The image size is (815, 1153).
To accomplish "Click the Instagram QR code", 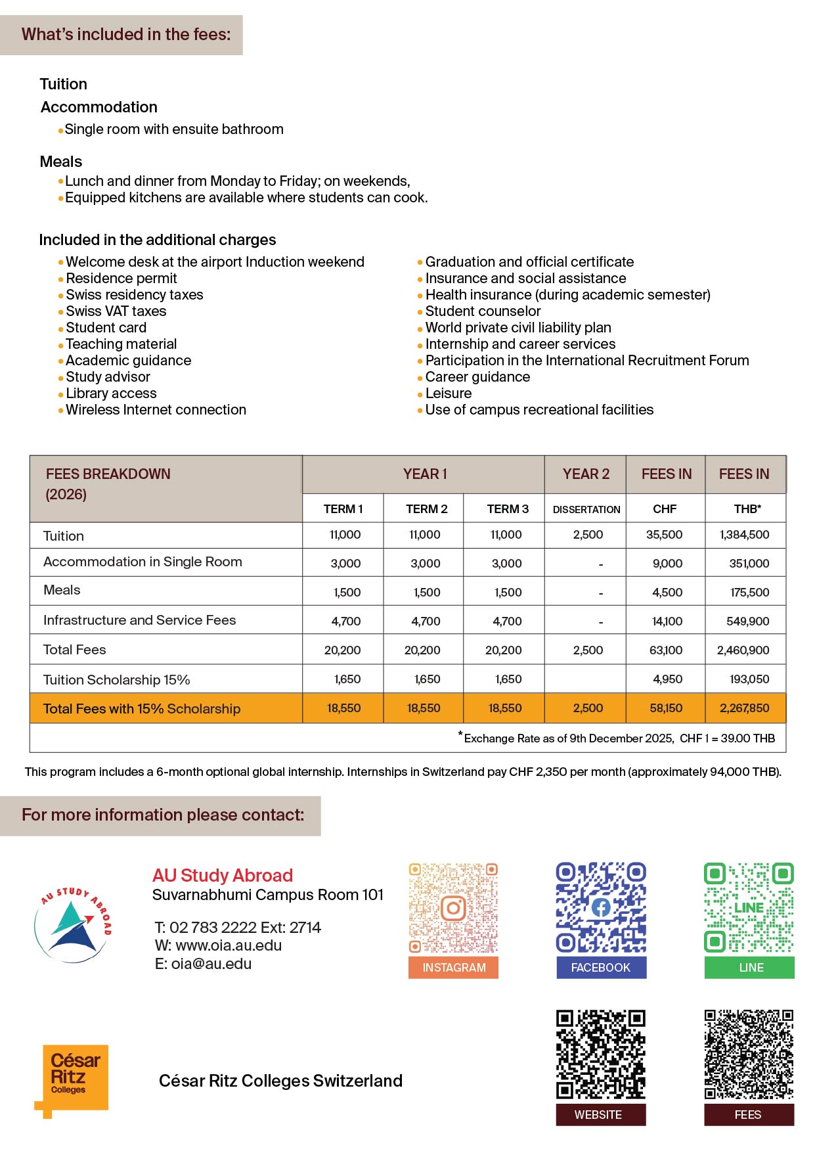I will coord(453,908).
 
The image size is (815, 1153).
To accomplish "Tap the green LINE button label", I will coord(749,968).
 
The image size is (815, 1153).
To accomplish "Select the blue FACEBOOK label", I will coord(601,968).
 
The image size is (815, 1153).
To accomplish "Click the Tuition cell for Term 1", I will coord(345,535).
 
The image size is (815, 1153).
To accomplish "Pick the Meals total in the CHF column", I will coord(667,592).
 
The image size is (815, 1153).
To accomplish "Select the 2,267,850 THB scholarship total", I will coord(744,708).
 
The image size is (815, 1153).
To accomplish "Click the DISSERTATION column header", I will coord(586,509).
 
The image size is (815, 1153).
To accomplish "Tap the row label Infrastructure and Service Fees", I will coord(139,620).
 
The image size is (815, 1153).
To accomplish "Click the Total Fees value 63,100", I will coord(665,650).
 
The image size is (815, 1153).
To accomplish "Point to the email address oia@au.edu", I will coord(204,964).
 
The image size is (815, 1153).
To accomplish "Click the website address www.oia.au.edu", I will coord(219,945).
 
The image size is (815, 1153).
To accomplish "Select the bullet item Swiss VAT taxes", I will coord(116,311).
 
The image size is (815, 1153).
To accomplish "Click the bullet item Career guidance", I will coord(477,377).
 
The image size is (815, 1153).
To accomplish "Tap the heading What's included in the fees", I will coord(126,35).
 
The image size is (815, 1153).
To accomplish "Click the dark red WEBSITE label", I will coord(600,1115).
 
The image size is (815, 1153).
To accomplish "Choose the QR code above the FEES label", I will coord(749,1054).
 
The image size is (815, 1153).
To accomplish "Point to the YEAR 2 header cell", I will coord(586,474).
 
